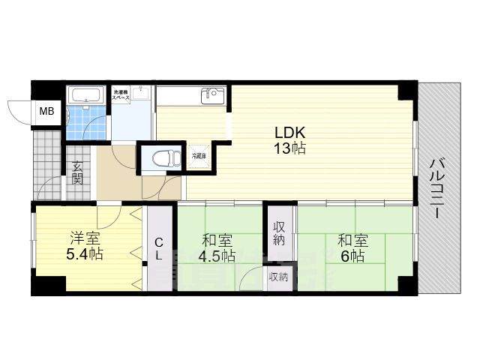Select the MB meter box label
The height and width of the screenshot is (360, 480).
[46, 112]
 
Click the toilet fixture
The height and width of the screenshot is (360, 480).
[161, 158]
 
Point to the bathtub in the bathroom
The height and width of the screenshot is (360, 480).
[85, 96]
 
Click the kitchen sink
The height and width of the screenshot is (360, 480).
[212, 95]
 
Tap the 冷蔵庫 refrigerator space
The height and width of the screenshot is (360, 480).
[198, 156]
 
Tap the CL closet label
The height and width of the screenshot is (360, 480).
[159, 249]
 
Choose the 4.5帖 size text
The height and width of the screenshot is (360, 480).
[217, 256]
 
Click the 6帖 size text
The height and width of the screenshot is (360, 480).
[351, 256]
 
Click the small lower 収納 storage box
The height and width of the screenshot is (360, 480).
[278, 277]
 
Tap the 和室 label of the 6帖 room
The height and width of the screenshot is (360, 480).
[351, 241]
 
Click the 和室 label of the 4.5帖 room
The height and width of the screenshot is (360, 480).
[217, 241]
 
